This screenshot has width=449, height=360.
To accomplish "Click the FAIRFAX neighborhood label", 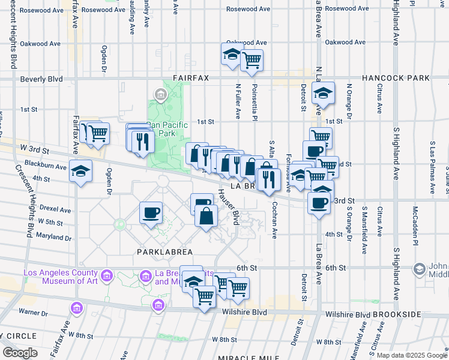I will coord(190,78).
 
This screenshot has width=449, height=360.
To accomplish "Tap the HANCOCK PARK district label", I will coord(396,78).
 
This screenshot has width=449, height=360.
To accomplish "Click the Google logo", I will coord(19,353).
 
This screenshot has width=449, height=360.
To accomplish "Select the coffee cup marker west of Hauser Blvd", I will coord(151,212).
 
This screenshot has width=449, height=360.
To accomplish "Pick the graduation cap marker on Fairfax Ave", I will coord(80,171).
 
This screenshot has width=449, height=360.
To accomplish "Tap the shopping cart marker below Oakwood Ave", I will coord(252,59).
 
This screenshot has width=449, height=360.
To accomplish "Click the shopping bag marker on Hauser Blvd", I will coord(206,216).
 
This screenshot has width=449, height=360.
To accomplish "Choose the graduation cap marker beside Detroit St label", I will coord(323,93).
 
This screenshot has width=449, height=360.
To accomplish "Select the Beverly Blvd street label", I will coord(41,79).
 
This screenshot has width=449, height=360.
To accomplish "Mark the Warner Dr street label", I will coord(32,312).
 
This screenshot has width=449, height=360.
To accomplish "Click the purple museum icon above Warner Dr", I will coord(77,308).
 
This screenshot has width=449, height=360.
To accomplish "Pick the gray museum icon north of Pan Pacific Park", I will coord(161,94).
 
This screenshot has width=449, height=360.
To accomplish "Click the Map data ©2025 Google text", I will coord(412,355).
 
